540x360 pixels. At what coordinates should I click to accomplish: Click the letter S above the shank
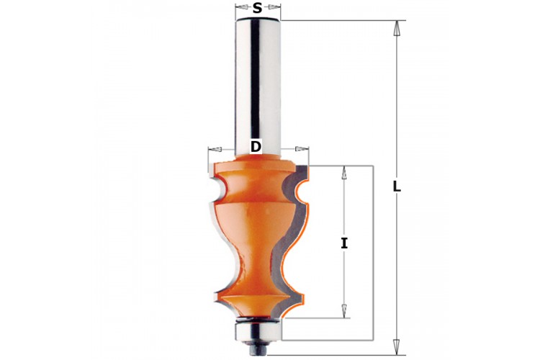257,8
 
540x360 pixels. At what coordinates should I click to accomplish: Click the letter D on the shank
256,147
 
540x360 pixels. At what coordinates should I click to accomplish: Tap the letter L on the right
397,186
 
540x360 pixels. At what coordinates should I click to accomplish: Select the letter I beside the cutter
344,243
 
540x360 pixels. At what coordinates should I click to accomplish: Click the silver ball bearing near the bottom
258,330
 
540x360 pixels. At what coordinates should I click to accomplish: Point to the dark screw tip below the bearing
258,347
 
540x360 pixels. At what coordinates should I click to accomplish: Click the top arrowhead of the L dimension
397,27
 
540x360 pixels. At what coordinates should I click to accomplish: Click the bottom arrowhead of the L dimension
397,347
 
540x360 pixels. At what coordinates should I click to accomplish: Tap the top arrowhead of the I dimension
343,172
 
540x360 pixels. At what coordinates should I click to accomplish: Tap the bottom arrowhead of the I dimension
343,311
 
